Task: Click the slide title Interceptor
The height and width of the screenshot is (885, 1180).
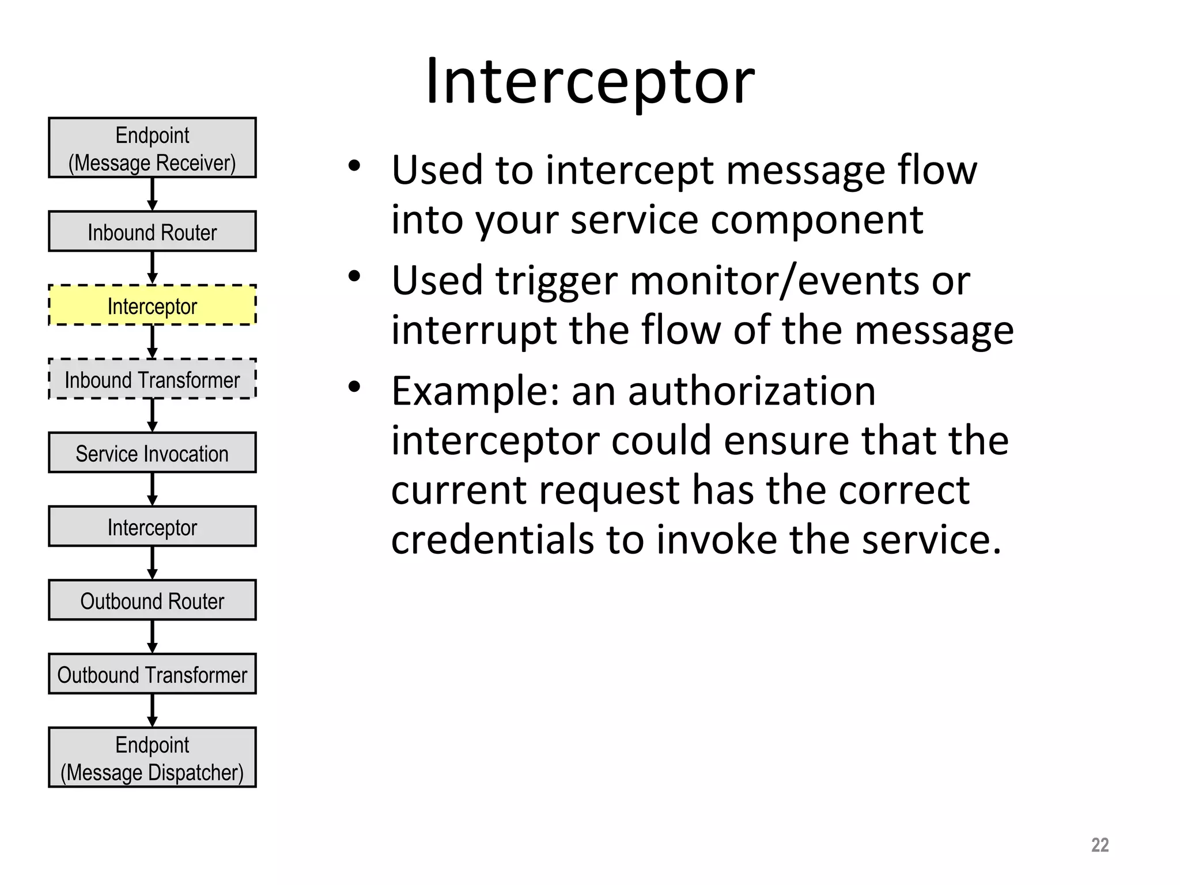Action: (590, 82)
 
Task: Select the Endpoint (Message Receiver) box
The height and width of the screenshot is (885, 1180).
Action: (152, 148)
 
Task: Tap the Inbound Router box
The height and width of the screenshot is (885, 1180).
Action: (152, 232)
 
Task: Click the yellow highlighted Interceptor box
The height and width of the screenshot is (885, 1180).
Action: (152, 305)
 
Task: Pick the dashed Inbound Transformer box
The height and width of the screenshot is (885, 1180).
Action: (152, 379)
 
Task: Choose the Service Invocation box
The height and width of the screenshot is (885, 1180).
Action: (152, 453)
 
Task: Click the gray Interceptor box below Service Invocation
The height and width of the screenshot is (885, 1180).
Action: (152, 527)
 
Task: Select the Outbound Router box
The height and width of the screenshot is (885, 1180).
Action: (152, 600)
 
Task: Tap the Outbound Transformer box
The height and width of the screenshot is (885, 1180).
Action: (152, 674)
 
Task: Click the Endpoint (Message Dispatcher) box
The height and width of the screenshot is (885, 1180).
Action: (152, 758)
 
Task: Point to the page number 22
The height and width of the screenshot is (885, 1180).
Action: (1099, 845)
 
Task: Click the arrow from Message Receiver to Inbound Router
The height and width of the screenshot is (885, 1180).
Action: (152, 194)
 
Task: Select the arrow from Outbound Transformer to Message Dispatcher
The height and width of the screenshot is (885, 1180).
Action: (152, 710)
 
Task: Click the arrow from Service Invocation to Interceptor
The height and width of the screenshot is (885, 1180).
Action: (152, 489)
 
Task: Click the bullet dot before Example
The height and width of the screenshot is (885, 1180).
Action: (354, 386)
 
